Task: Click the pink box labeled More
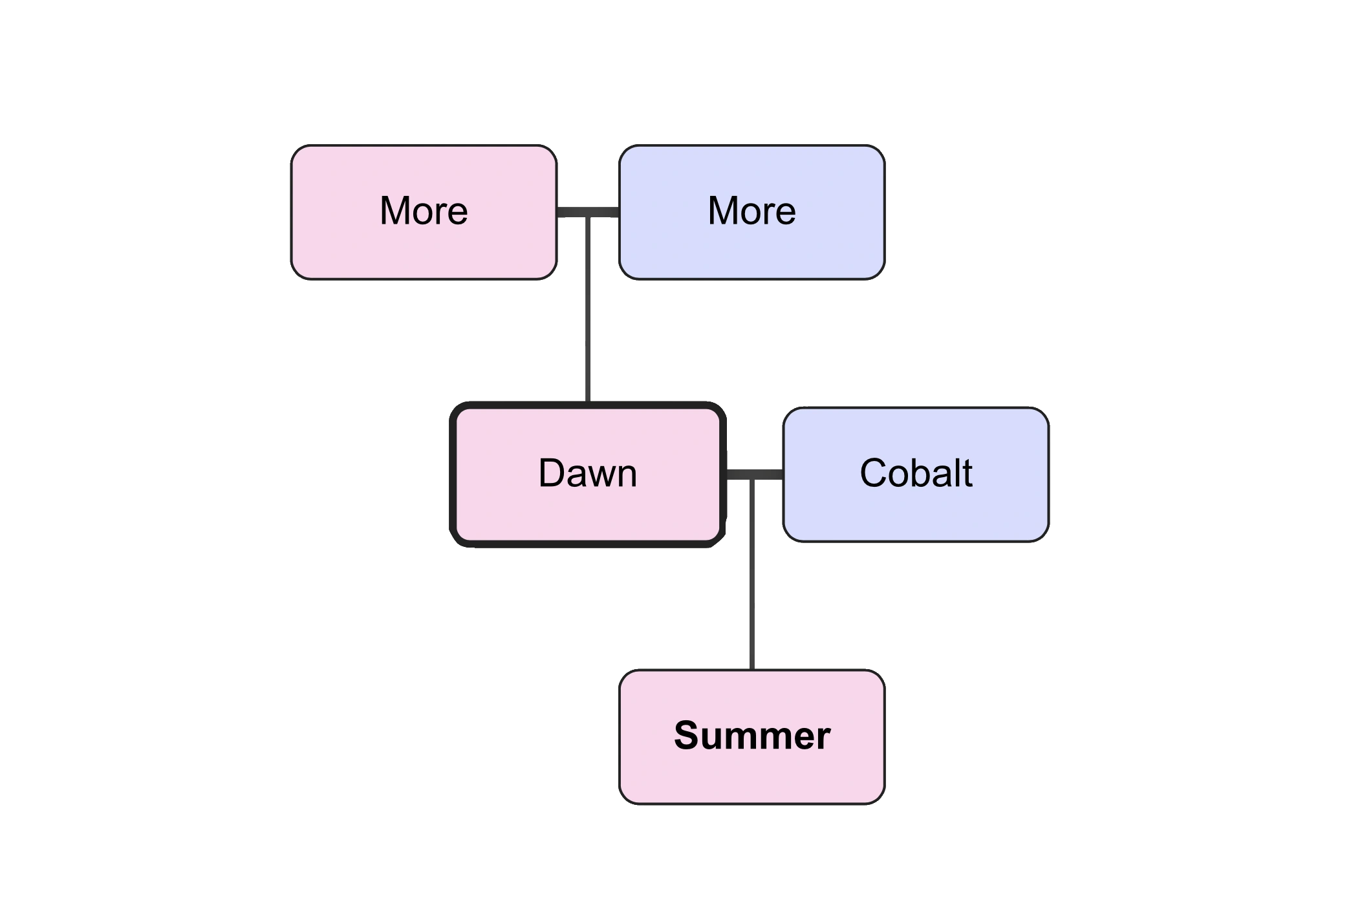point(424,212)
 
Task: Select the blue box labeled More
point(751,212)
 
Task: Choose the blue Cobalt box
point(915,474)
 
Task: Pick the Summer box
point(751,736)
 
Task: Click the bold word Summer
point(751,736)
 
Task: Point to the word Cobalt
point(915,473)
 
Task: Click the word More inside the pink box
point(424,211)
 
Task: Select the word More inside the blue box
point(751,211)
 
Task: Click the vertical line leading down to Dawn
point(589,310)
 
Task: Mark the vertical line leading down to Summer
point(750,575)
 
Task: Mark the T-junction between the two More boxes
point(589,213)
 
